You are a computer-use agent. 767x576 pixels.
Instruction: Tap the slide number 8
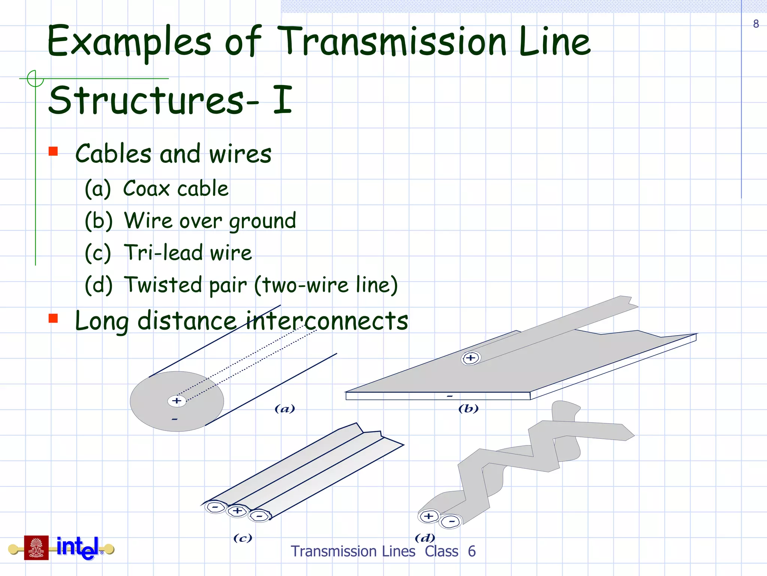(756, 24)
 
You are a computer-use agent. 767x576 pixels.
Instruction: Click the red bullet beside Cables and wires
(53, 151)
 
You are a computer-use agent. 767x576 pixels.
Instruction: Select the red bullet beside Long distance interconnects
(53, 318)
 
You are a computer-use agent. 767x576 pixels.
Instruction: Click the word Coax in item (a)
(146, 188)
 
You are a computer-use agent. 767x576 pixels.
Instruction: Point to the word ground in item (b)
(263, 221)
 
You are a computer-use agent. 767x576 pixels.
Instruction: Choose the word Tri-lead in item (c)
(163, 252)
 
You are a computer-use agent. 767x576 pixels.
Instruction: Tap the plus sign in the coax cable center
(177, 400)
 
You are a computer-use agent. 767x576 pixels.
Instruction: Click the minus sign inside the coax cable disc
(175, 419)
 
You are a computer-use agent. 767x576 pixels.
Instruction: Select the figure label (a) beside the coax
(285, 408)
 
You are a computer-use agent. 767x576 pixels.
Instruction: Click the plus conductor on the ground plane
(471, 358)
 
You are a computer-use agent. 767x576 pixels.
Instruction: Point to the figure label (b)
(469, 408)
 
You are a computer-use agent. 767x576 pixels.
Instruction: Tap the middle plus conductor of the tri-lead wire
(237, 511)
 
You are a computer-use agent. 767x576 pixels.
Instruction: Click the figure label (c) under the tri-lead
(243, 538)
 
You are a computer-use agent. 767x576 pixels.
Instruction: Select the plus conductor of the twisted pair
(429, 516)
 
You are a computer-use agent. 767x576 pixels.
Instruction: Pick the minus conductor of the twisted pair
(451, 522)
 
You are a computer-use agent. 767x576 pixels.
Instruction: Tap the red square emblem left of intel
(36, 547)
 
